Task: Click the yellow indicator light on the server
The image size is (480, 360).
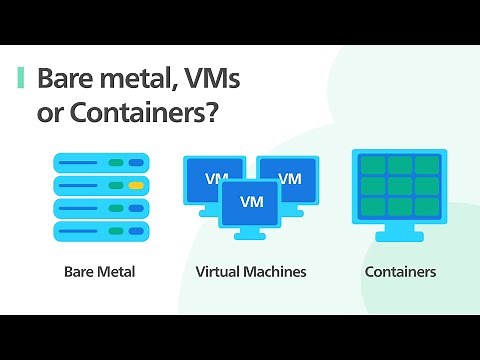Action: pos(136,185)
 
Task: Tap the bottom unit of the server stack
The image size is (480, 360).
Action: pos(100,231)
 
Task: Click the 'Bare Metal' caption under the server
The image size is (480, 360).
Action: pos(99,271)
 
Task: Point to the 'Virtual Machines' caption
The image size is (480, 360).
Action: pos(251,271)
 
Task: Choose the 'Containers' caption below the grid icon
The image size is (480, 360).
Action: pos(400,271)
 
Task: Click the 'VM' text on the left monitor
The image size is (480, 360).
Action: pos(216,179)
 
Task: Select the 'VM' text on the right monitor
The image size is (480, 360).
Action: pos(289,179)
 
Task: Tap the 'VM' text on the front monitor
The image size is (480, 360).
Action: pos(252,201)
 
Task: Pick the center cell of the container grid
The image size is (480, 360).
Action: pos(400,186)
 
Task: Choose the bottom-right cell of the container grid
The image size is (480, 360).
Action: pos(427,207)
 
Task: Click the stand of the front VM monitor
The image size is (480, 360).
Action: pos(252,232)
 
